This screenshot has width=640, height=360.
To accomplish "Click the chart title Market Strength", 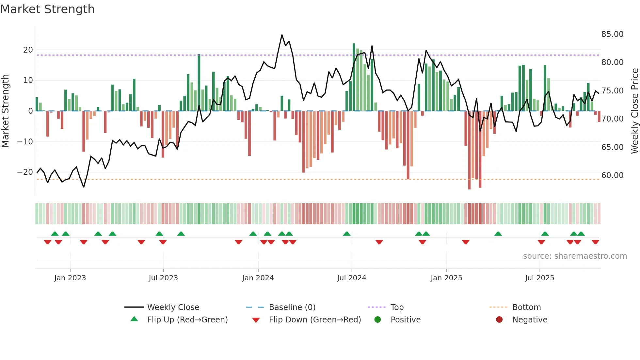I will (x=47, y=9).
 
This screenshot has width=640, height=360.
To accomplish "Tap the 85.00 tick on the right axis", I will (x=612, y=34).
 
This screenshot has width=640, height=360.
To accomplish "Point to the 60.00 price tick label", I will (x=612, y=175).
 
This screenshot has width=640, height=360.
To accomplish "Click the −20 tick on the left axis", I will (x=25, y=172).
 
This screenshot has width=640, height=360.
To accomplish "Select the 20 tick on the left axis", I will (x=28, y=50).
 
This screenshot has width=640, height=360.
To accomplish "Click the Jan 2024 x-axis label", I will (x=258, y=278).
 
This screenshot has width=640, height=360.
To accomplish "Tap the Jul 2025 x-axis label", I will (x=539, y=278).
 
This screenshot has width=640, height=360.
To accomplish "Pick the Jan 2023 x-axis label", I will (x=70, y=278).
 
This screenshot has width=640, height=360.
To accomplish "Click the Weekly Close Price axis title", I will (x=634, y=111).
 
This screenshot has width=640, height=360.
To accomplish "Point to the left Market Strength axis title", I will (x=6, y=111).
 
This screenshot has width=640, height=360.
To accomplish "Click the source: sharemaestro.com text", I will (x=575, y=256).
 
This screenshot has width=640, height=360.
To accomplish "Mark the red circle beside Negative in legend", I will (x=499, y=319).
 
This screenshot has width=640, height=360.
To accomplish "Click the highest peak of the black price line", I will (x=282, y=35).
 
